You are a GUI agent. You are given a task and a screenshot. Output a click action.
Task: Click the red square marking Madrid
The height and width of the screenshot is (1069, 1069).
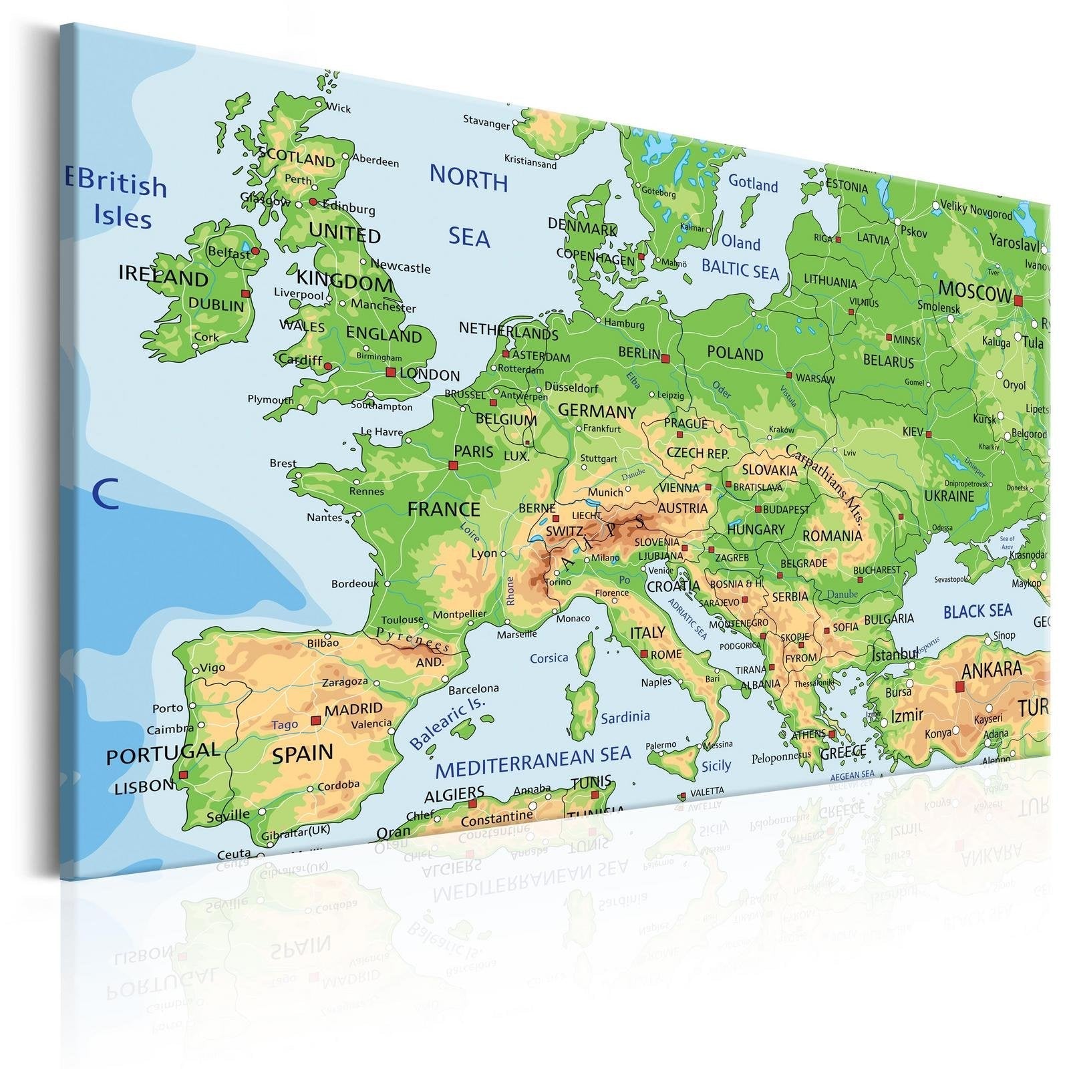click(315, 721)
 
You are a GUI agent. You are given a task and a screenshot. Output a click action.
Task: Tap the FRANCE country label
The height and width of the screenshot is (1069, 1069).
click(444, 510)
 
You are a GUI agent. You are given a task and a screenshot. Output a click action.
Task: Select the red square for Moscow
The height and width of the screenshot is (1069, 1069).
click(1018, 301)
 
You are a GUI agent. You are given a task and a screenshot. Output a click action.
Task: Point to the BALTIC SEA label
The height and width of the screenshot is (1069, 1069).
click(740, 270)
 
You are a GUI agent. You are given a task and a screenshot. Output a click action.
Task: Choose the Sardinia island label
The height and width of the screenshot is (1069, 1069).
click(625, 718)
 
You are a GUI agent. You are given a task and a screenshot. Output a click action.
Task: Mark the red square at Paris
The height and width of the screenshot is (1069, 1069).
click(453, 466)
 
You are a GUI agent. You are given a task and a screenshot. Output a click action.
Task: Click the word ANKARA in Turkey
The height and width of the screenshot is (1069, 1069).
click(991, 669)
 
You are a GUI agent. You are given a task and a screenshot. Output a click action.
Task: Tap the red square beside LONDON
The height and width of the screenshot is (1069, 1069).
click(390, 372)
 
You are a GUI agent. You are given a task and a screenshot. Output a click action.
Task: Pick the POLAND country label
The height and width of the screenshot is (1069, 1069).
click(735, 353)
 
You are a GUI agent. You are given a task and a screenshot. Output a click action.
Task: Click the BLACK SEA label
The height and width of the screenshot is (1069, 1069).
click(977, 611)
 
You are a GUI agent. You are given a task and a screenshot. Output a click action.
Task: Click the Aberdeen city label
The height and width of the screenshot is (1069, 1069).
click(375, 161)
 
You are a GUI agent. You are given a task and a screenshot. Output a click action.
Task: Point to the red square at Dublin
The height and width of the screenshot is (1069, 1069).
click(245, 294)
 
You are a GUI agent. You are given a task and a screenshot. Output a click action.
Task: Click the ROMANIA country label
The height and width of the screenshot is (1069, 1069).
click(832, 536)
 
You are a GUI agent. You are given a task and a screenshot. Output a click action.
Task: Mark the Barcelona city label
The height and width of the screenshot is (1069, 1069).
click(473, 689)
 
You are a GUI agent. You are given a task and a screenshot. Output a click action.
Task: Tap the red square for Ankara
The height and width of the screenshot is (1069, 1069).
click(959, 686)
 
